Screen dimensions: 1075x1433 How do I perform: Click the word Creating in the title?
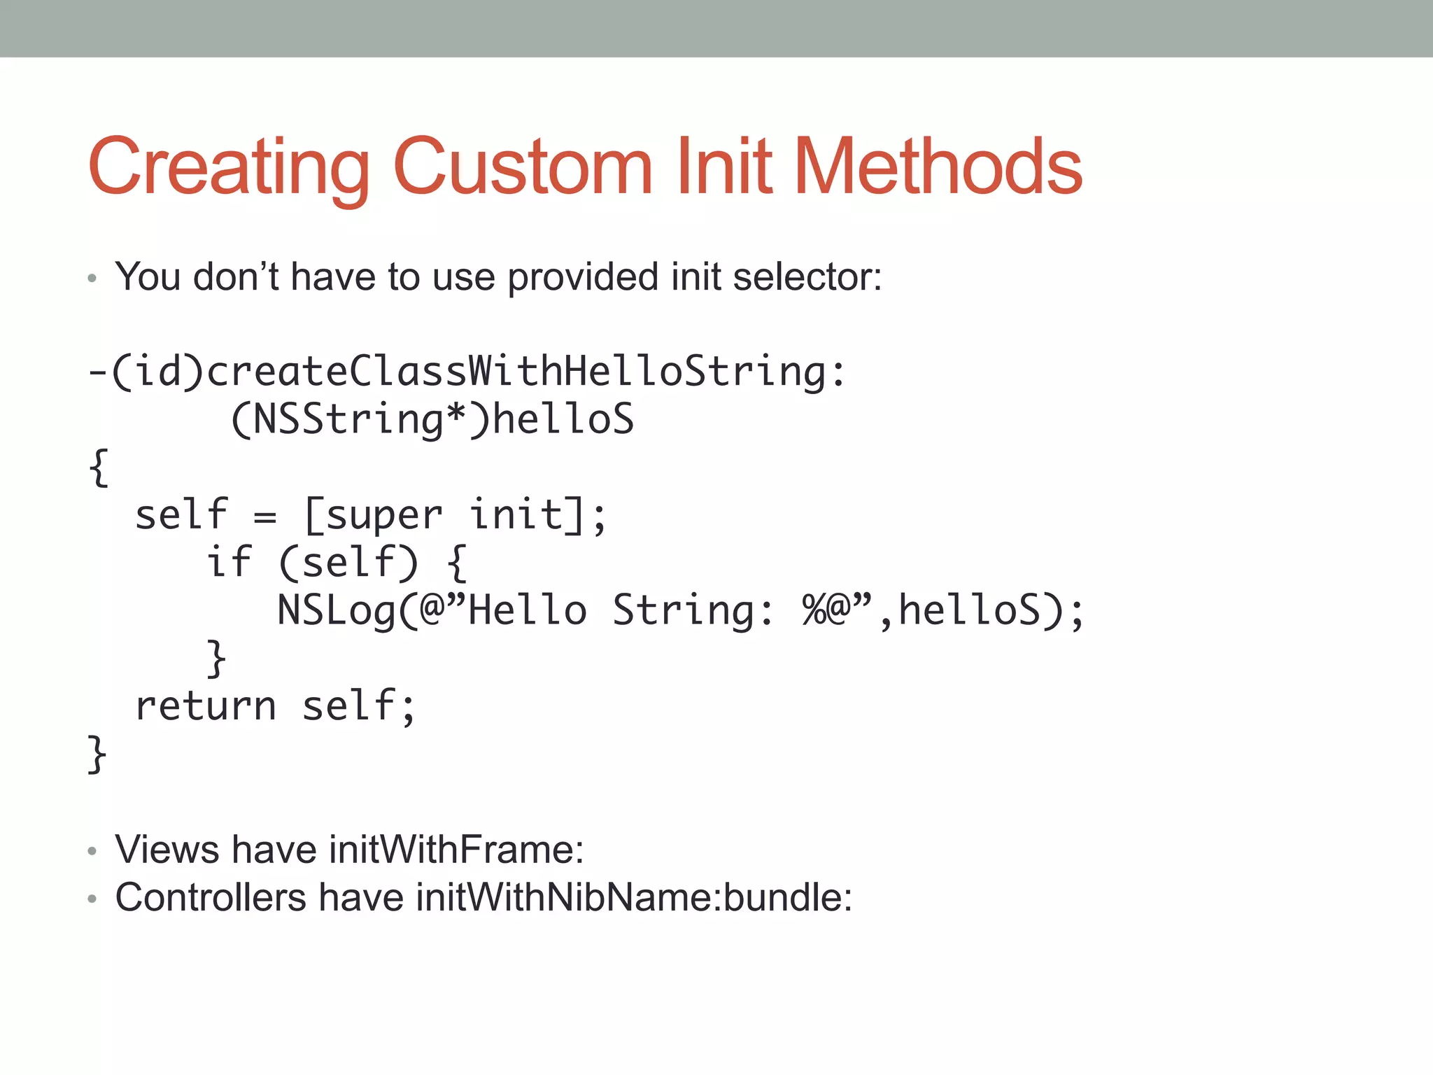coord(228,168)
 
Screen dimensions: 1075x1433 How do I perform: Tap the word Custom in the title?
coord(523,168)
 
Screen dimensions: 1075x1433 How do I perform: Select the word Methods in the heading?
coord(938,168)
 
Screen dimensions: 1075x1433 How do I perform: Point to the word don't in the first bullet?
coord(236,277)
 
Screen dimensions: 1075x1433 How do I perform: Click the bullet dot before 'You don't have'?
coord(92,279)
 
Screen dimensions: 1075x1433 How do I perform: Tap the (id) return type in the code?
coord(158,372)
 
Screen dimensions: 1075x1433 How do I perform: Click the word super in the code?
coord(384,516)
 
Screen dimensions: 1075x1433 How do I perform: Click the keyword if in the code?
coord(229,563)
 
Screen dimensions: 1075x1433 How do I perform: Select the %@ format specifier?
coord(826,610)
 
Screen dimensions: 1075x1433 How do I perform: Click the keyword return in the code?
coord(206,706)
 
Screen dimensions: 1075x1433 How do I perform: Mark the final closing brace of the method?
coord(97,754)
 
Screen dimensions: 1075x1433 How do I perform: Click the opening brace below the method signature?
coord(99,468)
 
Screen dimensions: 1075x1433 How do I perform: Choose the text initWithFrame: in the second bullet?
coord(456,850)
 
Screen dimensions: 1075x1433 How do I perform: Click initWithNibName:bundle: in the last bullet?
coord(634,897)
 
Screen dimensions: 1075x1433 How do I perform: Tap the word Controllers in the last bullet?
coord(211,897)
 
